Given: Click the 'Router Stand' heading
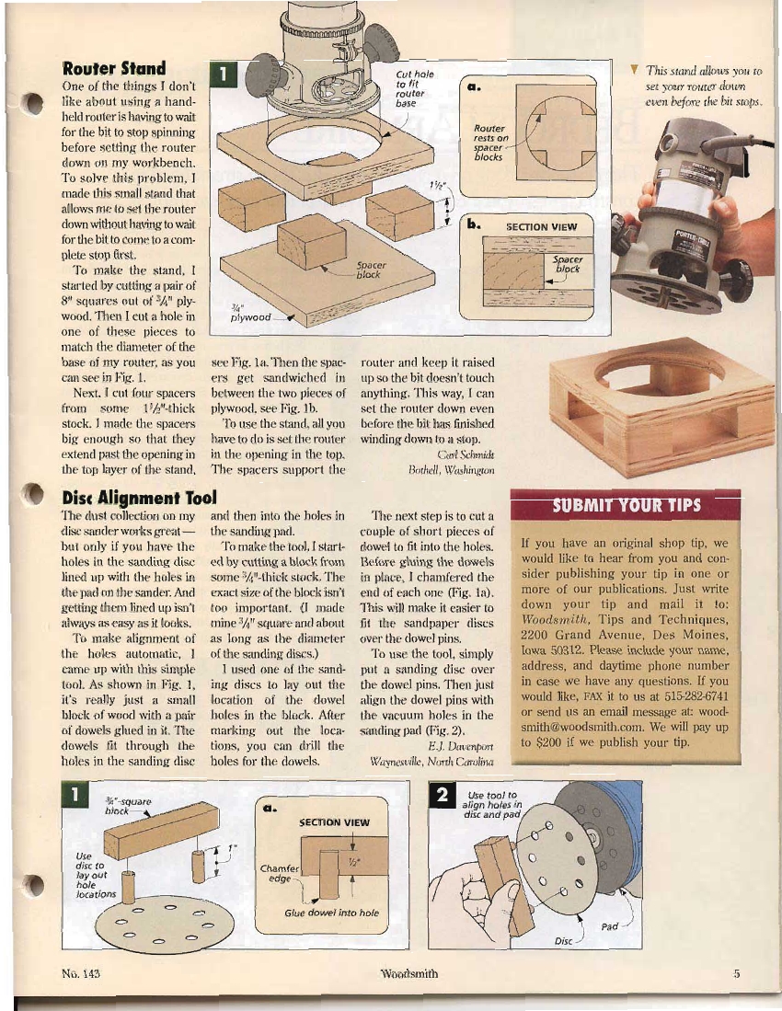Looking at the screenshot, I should [x=113, y=69].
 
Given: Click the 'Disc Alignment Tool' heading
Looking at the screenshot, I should [x=138, y=498].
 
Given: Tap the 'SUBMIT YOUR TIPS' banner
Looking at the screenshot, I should [x=626, y=505].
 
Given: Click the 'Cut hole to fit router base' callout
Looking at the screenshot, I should [x=410, y=89].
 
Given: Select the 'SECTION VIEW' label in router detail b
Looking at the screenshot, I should [x=542, y=227].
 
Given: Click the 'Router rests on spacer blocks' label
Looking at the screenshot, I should [x=489, y=143].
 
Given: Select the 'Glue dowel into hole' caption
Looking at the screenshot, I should [x=331, y=913].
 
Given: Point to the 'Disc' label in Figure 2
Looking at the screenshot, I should [x=564, y=941].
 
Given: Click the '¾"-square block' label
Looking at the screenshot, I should [x=121, y=806].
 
